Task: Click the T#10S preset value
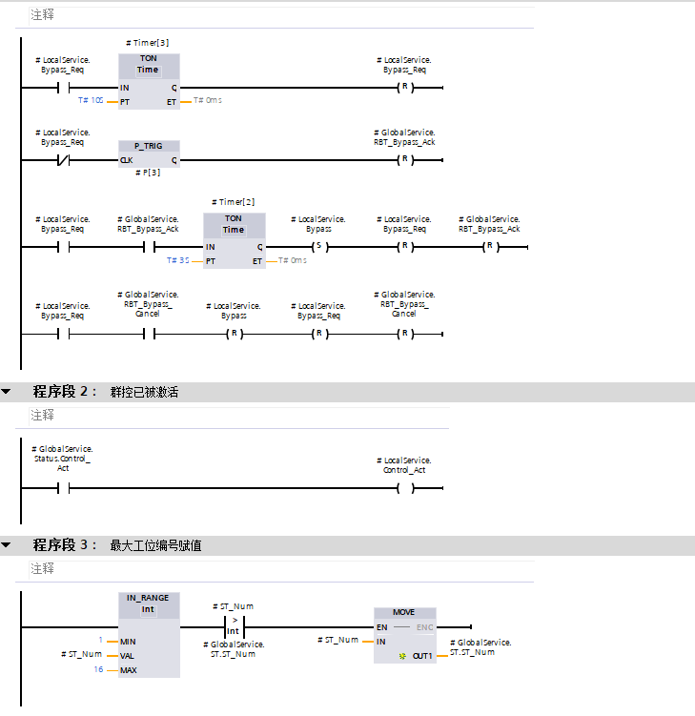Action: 91,100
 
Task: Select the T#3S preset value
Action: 178,260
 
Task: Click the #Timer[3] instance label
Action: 147,43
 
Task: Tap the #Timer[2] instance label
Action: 234,202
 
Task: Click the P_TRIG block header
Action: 148,146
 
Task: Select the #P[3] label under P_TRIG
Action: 148,173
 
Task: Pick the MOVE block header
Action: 403,612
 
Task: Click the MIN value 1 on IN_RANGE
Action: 100,641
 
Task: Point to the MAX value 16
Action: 99,669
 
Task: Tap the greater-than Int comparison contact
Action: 233,626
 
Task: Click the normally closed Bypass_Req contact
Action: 63,159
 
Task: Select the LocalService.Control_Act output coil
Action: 405,488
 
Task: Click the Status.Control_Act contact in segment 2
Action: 63,488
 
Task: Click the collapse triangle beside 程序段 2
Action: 7,392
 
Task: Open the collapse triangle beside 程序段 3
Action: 7,545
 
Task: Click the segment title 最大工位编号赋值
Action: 155,546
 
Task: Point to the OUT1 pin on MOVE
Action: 422,656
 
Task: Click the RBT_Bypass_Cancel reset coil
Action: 405,335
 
